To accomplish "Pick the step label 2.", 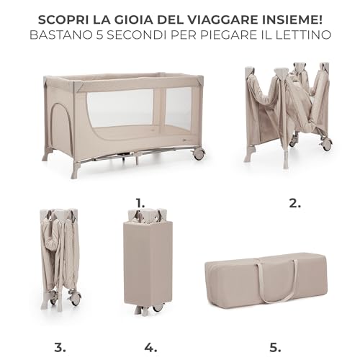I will pos(294,202).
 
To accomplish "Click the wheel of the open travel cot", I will pos(199,153).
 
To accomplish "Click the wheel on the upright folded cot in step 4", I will pos(158,307).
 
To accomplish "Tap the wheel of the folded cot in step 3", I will pos(75,298).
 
